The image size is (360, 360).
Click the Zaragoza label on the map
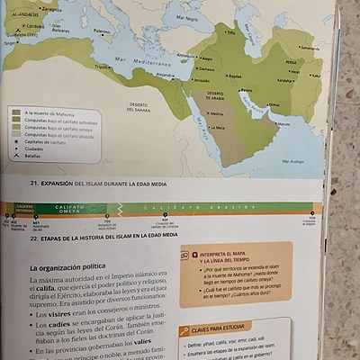coord(52,10)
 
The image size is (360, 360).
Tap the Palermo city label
coord(103,31)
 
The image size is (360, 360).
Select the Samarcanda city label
coord(310,48)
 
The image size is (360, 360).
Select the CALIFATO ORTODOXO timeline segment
coord(24,208)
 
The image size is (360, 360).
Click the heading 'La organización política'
coord(67,267)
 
